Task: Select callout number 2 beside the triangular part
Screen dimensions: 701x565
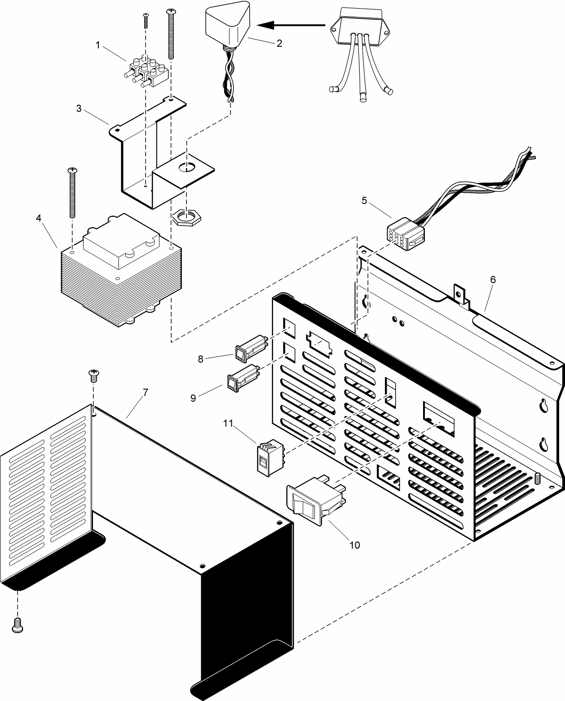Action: [279, 44]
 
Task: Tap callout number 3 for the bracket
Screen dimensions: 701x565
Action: [79, 108]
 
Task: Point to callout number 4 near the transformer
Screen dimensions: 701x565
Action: [39, 217]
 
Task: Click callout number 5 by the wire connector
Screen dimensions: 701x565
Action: [364, 200]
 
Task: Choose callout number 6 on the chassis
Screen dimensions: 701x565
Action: [493, 280]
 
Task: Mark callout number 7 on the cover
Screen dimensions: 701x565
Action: [145, 392]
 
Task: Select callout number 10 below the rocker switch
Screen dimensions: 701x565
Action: [354, 545]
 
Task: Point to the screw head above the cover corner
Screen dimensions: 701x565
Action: [94, 374]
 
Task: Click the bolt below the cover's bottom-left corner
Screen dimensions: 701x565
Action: [17, 626]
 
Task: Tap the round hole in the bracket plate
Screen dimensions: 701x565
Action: [187, 168]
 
